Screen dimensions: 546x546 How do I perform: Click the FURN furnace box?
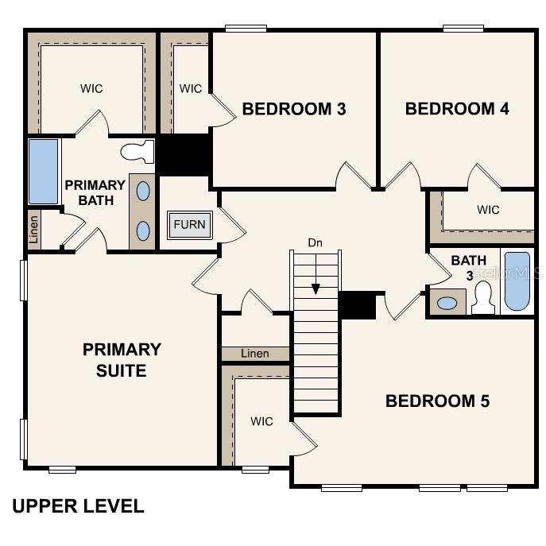click(x=190, y=225)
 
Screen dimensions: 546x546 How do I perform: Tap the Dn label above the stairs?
click(x=316, y=242)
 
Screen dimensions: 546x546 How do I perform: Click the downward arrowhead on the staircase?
click(x=316, y=289)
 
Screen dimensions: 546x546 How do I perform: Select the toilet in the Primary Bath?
click(x=137, y=152)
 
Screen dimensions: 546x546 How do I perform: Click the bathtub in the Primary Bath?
click(x=43, y=172)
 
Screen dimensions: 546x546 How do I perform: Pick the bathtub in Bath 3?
click(x=517, y=281)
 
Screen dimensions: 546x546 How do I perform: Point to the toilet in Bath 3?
click(x=483, y=298)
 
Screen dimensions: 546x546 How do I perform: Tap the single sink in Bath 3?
click(x=447, y=304)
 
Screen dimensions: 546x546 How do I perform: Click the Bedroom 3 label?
click(x=294, y=109)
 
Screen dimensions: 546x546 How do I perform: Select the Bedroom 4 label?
click(x=457, y=109)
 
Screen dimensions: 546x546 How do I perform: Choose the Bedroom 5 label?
click(x=438, y=401)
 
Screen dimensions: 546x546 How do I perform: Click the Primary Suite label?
click(x=122, y=360)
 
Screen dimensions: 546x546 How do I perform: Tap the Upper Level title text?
click(x=79, y=506)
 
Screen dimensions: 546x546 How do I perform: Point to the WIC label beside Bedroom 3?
click(x=191, y=88)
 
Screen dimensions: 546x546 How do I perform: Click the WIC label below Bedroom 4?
click(x=488, y=210)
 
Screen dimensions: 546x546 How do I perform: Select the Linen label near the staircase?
click(x=255, y=354)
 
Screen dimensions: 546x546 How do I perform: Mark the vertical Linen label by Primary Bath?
click(x=33, y=230)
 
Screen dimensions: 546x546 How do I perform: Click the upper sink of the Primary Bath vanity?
click(x=143, y=191)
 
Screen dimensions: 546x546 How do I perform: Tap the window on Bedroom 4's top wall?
click(x=463, y=28)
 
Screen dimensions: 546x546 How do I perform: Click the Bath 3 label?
click(x=469, y=268)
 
